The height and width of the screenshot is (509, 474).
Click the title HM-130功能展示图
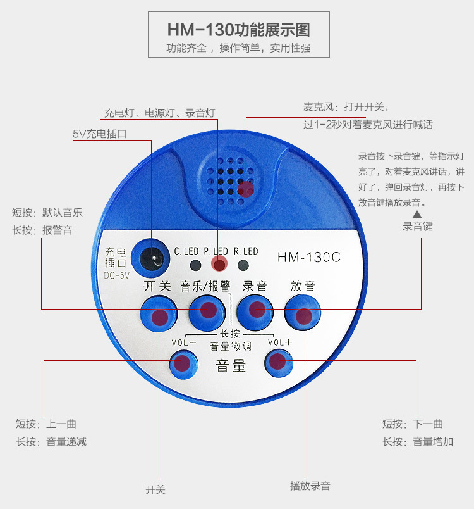pyautogui.click(x=238, y=30)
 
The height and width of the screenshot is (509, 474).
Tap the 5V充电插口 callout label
pyautogui.click(x=100, y=134)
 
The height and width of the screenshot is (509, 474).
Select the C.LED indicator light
pyautogui.click(x=196, y=265)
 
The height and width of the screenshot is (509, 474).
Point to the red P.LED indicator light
pyautogui.click(x=219, y=265)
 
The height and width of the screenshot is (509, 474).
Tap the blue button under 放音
pyautogui.click(x=303, y=314)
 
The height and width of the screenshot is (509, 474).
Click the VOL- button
pyautogui.click(x=183, y=363)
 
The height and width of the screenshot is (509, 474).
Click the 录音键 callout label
pyautogui.click(x=417, y=226)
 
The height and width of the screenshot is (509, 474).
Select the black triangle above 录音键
pyautogui.click(x=417, y=215)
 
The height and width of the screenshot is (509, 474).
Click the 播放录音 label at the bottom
pyautogui.click(x=310, y=486)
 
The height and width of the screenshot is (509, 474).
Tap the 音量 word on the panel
pyautogui.click(x=231, y=365)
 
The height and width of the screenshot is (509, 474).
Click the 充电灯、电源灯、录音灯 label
pyautogui.click(x=159, y=113)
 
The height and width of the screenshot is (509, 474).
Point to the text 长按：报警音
pyautogui.click(x=42, y=230)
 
